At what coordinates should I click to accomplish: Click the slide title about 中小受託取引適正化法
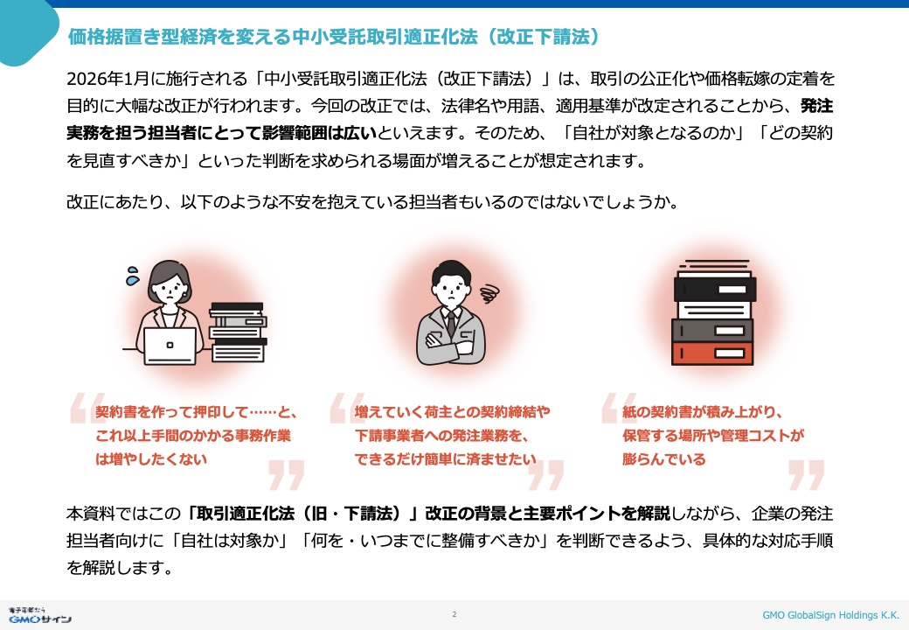333,37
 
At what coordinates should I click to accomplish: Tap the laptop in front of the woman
170,346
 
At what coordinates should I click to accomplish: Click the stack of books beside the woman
238,332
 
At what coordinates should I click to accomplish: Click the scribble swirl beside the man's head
489,293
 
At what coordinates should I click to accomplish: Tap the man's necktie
451,324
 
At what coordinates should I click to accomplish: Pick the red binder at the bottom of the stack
711,353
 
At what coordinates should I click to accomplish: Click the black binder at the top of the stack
715,289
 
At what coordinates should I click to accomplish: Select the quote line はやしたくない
150,459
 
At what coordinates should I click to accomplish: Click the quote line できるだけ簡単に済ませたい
445,459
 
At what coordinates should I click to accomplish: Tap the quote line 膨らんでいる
663,459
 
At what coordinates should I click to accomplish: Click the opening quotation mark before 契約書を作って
87,408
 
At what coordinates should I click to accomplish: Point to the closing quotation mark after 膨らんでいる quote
807,475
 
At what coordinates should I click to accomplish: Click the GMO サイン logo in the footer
39,615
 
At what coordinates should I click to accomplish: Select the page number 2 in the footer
454,614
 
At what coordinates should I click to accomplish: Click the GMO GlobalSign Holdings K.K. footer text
830,615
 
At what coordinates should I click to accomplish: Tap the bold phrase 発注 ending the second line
816,106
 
